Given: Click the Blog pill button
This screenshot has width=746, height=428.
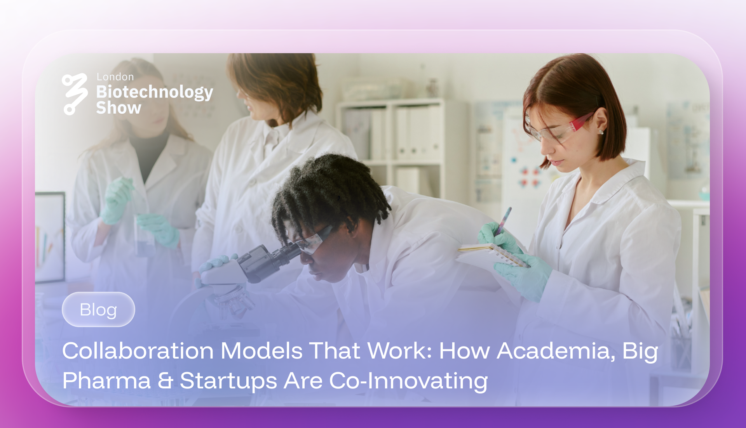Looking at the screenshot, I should coord(98,310).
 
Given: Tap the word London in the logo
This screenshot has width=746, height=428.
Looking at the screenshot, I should coord(115,77).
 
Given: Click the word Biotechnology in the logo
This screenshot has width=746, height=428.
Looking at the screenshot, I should coord(155,92).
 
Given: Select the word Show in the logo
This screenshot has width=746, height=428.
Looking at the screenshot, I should coord(119,108).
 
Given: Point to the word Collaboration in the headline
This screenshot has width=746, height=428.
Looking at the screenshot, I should coord(138,351).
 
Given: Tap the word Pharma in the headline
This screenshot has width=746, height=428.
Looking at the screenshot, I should coord(106,381).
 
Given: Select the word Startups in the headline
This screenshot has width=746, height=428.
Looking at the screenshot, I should coord(228,381).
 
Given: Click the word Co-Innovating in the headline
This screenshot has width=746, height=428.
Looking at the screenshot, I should coord(408,381).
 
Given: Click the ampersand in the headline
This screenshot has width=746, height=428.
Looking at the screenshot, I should coord(165,381).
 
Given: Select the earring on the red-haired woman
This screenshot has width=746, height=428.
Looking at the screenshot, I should coord(601,132).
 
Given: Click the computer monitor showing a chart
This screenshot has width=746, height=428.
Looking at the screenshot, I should coord(50,237).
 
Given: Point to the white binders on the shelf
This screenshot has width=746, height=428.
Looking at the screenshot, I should coord(412,132).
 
